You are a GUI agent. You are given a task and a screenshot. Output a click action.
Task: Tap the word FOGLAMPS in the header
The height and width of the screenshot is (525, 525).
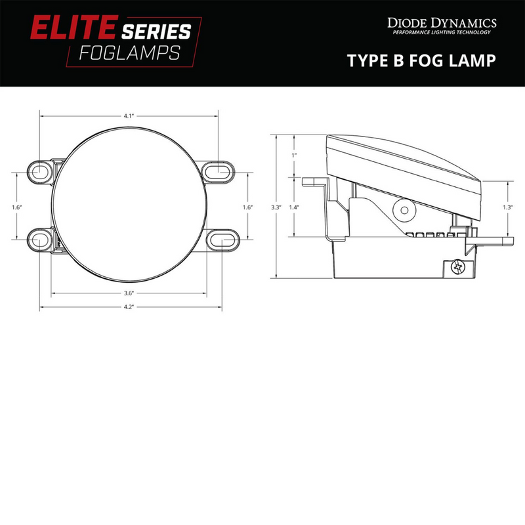click(129, 53)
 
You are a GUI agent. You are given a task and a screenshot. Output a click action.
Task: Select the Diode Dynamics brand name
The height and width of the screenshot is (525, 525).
click(440, 24)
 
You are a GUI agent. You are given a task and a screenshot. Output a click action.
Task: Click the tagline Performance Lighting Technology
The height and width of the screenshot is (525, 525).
click(440, 33)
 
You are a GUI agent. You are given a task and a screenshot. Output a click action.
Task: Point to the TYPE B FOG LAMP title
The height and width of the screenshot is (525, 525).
click(421, 60)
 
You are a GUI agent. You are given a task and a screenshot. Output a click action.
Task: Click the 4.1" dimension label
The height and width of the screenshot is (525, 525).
click(129, 115)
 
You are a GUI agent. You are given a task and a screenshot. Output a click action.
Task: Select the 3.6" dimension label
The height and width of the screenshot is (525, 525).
click(129, 293)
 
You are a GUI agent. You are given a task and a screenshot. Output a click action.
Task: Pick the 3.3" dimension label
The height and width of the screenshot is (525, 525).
click(276, 207)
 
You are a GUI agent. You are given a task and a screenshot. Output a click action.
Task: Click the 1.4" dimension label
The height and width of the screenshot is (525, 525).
click(294, 207)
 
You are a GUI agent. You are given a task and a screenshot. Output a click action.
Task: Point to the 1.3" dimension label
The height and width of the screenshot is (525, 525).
click(507, 207)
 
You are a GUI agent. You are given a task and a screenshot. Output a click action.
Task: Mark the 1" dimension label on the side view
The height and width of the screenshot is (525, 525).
click(294, 155)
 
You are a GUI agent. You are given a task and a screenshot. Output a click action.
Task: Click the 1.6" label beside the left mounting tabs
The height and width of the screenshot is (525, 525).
click(17, 207)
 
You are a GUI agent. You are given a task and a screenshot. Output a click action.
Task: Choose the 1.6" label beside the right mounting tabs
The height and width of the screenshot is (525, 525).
click(247, 207)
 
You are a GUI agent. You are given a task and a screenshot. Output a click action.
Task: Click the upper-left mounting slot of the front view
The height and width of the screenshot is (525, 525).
click(41, 171)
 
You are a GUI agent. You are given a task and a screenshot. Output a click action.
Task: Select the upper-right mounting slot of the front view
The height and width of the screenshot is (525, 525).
click(218, 171)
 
